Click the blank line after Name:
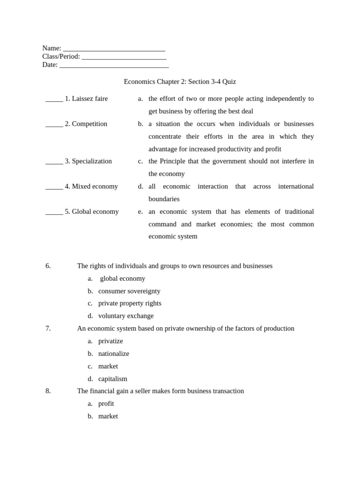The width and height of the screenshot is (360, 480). click(114, 49)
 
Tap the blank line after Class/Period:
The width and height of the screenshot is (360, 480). click(124, 57)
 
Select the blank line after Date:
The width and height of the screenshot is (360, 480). click(114, 66)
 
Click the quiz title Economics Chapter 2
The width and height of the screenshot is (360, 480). click(180, 82)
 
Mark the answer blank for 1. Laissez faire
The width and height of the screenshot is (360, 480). click(54, 99)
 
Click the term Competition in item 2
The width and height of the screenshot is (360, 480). click(90, 124)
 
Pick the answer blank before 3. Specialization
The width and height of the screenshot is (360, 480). click(54, 162)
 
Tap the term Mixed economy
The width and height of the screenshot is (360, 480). click(95, 187)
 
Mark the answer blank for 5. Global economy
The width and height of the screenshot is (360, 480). click(54, 212)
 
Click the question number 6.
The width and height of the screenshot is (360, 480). click(48, 266)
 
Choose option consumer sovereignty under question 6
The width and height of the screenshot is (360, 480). click(129, 291)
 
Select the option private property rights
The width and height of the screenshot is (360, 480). click(129, 303)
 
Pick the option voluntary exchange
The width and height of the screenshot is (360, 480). click(126, 316)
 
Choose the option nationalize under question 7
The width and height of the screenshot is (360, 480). click(113, 353)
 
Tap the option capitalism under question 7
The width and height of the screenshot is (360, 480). click(112, 379)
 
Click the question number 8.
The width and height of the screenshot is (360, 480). click(48, 391)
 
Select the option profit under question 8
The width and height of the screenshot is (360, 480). click(106, 404)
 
